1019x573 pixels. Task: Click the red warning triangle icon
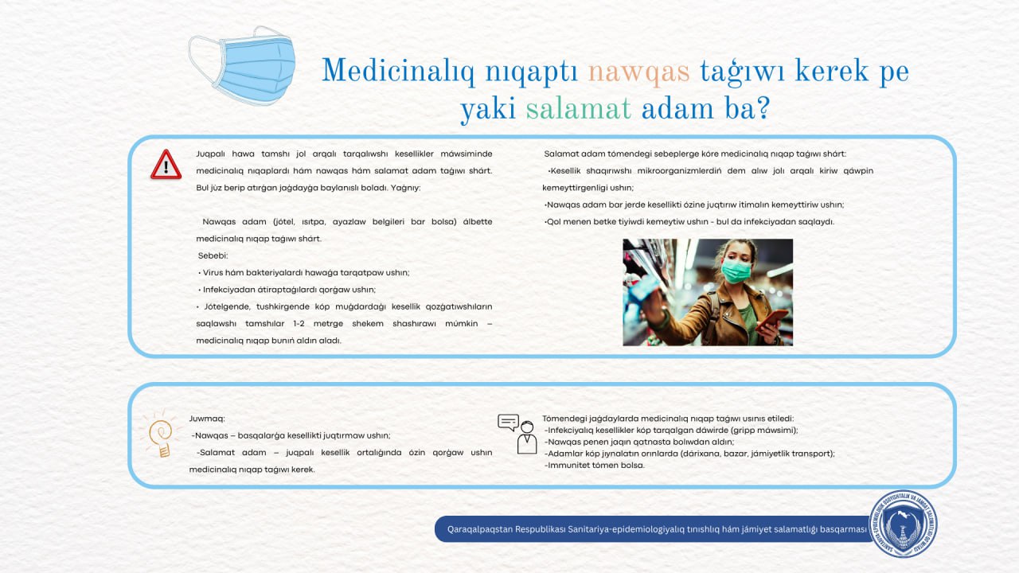[x=166, y=165]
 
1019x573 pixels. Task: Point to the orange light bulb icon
[x=161, y=436]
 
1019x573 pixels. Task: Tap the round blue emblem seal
[x=902, y=524]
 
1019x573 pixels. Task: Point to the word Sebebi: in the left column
[x=213, y=255]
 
